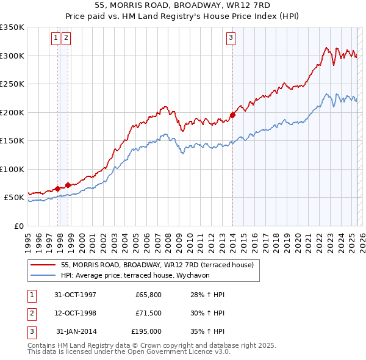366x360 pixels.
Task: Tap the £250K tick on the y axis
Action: coord(13,84)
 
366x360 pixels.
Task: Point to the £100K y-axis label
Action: coord(13,169)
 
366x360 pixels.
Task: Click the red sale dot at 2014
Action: coord(232,115)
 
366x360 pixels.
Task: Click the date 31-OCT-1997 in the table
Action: coord(75,295)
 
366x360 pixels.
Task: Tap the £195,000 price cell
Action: coord(146,331)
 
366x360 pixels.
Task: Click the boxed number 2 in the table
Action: coord(30,313)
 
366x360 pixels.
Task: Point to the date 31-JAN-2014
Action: coord(76,331)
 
